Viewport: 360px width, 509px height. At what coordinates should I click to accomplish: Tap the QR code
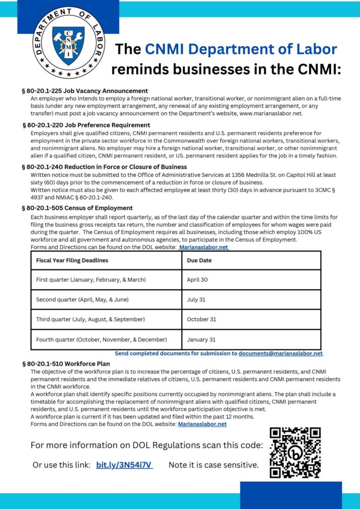point(295,452)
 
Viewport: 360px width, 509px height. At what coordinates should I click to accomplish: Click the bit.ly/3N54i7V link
point(124,465)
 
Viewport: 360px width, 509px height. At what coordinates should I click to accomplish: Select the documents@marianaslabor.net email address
point(281,354)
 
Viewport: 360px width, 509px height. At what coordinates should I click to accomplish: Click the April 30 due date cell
point(197,280)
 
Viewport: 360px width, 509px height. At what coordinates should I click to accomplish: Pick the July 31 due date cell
point(196,300)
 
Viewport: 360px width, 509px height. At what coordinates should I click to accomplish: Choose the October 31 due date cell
point(201,320)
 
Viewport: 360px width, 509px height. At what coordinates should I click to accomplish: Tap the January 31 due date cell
point(201,340)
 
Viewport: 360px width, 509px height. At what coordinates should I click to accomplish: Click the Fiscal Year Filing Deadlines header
point(72,260)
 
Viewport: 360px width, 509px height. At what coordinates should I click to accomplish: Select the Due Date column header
point(199,260)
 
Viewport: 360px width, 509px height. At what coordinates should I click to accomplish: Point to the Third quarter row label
point(90,320)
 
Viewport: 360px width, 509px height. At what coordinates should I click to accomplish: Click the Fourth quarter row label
point(101,340)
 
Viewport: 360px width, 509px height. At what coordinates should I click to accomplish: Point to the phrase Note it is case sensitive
point(214,465)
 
